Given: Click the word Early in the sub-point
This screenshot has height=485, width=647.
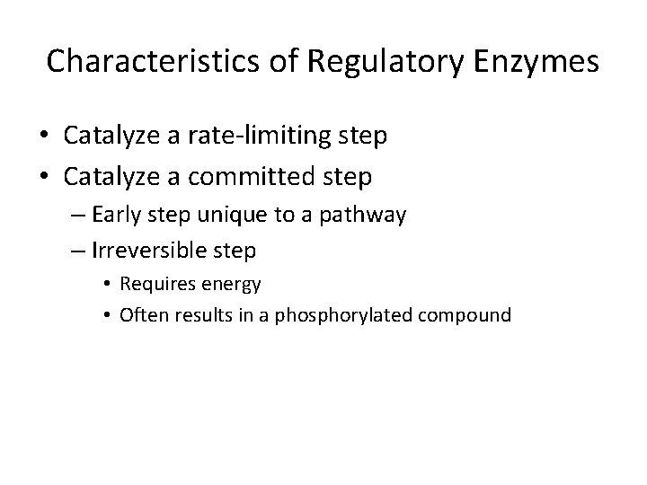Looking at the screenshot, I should pyautogui.click(x=113, y=216).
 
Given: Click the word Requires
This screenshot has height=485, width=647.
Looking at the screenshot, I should pyautogui.click(x=152, y=285).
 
